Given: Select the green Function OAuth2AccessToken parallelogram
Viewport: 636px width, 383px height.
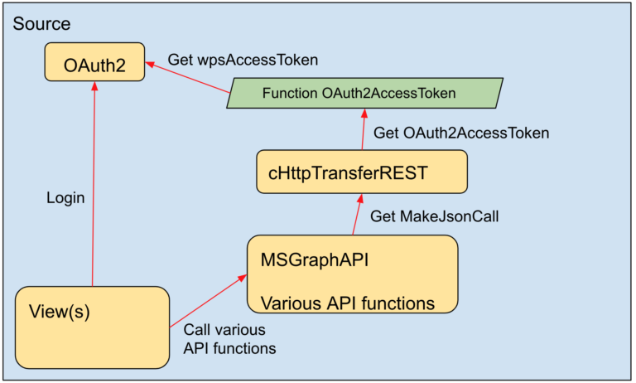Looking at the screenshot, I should click(x=364, y=93).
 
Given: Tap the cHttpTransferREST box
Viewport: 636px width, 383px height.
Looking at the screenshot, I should click(x=362, y=172).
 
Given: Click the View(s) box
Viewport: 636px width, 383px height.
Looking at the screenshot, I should click(x=91, y=327).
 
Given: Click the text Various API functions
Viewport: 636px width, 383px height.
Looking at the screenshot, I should click(x=348, y=303).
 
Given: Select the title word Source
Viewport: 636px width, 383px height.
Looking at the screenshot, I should click(x=41, y=24).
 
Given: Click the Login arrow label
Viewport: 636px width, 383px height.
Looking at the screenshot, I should click(x=65, y=199).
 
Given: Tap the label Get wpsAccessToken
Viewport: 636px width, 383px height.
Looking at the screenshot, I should click(x=243, y=60).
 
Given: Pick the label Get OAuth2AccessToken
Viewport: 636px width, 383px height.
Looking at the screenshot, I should click(x=461, y=133).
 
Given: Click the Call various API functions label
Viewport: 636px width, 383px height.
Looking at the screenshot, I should click(x=229, y=338).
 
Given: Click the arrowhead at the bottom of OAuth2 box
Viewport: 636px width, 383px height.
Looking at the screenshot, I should click(x=94, y=88).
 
